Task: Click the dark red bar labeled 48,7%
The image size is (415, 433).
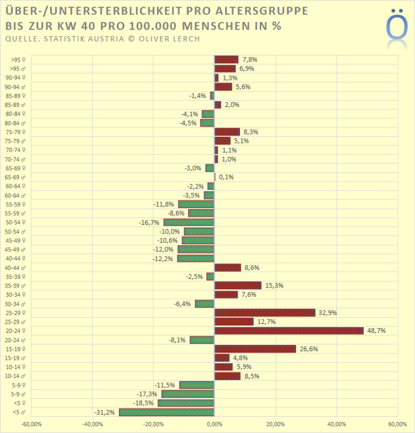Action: click(289, 330)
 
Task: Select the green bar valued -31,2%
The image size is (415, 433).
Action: click(167, 412)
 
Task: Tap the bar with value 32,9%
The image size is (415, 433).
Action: click(265, 312)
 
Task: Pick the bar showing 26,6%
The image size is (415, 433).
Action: click(255, 349)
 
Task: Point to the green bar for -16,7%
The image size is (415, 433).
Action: click(189, 222)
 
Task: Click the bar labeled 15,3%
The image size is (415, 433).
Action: click(238, 285)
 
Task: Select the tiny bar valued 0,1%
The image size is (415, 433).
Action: click(215, 177)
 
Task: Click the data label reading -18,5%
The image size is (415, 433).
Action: click(144, 403)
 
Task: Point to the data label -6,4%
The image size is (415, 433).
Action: click(182, 304)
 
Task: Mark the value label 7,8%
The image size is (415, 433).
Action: click(249, 59)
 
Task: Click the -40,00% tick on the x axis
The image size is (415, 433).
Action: click(92, 424)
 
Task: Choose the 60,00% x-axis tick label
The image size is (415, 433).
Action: click(397, 424)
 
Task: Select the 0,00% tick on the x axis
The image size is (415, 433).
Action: click(215, 424)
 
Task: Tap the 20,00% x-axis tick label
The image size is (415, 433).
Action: click(275, 424)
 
